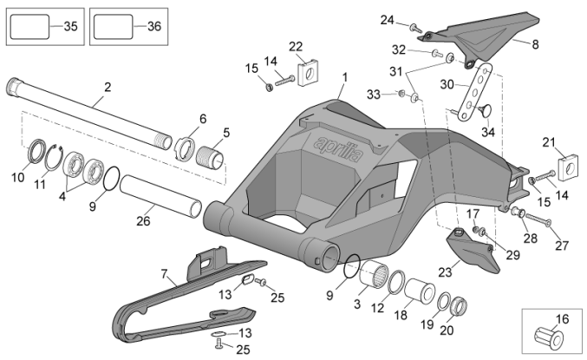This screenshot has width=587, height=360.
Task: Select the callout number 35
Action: (71, 27)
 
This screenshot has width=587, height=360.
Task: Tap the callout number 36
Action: (153, 27)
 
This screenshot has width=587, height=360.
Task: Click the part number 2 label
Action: (108, 87)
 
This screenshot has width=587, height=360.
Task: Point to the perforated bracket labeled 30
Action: (473, 90)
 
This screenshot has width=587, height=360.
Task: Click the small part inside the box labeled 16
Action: (550, 334)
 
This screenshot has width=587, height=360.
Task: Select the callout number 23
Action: (445, 272)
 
